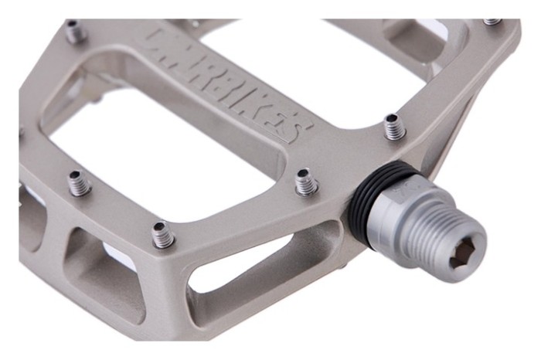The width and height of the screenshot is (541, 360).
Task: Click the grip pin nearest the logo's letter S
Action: click(394, 125)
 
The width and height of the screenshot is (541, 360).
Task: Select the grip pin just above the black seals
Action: click(306, 182)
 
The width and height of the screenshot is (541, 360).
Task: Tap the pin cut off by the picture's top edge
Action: click(492, 22)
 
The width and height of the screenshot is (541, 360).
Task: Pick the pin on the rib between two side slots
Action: click(162, 234)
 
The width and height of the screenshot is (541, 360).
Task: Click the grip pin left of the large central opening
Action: click(78, 182)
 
